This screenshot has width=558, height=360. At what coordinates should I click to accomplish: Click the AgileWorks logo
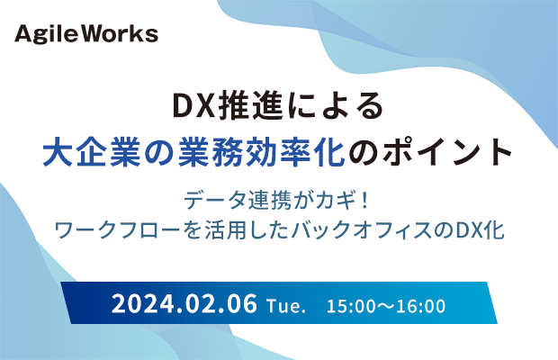click(86, 34)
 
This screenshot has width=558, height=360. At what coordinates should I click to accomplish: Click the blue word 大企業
click(92, 152)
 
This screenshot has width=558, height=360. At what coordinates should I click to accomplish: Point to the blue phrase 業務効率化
click(262, 152)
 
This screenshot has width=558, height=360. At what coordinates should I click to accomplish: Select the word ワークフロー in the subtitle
click(117, 230)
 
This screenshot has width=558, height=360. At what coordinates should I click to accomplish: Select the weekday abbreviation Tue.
click(286, 306)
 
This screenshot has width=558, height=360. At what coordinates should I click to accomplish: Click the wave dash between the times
click(385, 306)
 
